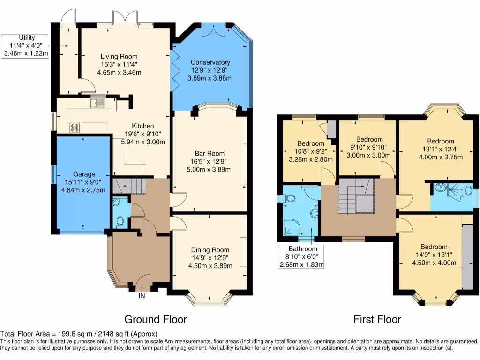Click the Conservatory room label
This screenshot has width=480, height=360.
pyautogui.click(x=210, y=62)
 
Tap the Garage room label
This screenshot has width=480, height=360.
pyautogui.click(x=83, y=174)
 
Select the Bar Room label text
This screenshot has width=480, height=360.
pyautogui.click(x=210, y=153)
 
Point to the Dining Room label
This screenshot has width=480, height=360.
pyautogui.click(x=210, y=250)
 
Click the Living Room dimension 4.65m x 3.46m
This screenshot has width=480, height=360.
pyautogui.click(x=119, y=73)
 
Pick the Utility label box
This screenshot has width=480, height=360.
pyautogui.click(x=26, y=45)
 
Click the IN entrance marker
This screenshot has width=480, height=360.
pyautogui.click(x=141, y=296)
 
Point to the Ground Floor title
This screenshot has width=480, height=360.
pyautogui.click(x=155, y=320)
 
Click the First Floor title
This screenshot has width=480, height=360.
pyautogui.click(x=377, y=320)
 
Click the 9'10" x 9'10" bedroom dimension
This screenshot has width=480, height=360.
pyautogui.click(x=369, y=147)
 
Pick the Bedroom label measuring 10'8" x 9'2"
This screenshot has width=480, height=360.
pyautogui.click(x=310, y=143)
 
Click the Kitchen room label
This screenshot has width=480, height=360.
pyautogui.click(x=142, y=126)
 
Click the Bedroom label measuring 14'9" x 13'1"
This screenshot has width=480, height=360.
pyautogui.click(x=433, y=247)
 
